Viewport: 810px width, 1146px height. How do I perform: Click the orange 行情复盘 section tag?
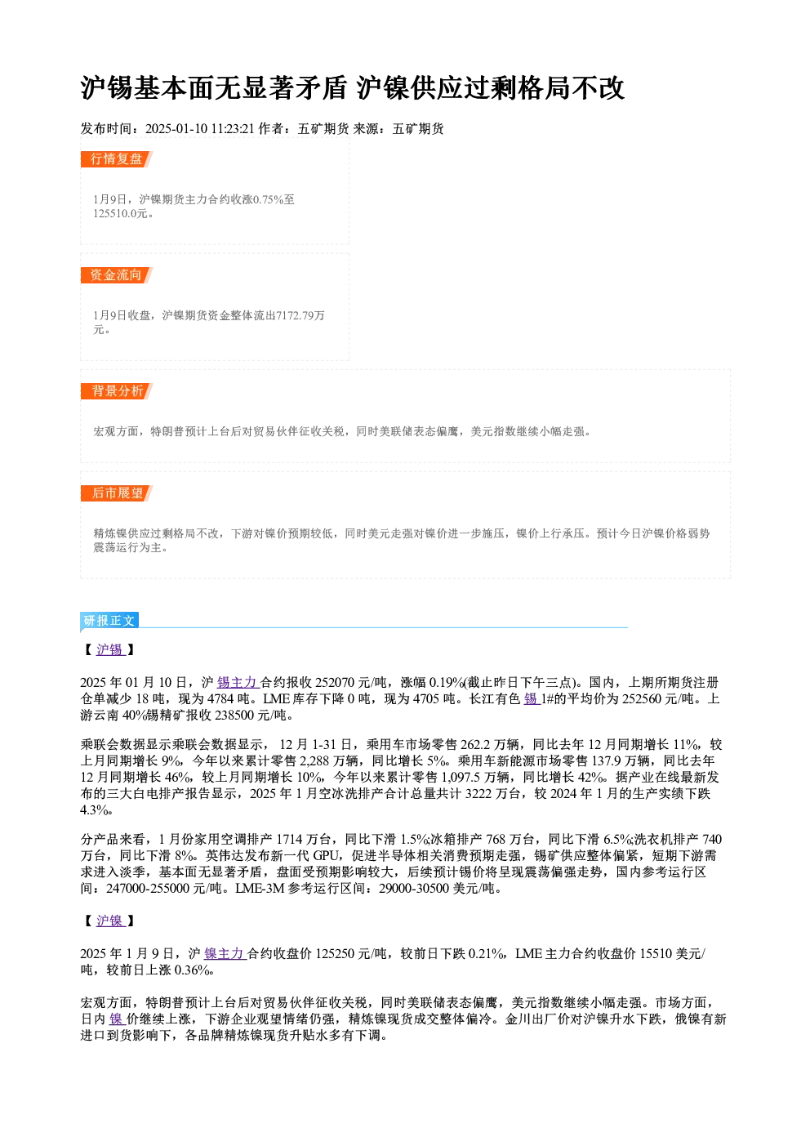[116, 159]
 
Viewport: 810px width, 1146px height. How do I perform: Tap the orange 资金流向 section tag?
[116, 275]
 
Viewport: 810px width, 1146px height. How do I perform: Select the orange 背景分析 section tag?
[116, 391]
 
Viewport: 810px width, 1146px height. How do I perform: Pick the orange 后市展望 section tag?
[116, 493]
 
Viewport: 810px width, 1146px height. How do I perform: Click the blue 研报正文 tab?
[109, 621]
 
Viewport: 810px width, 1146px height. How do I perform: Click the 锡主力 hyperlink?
[238, 683]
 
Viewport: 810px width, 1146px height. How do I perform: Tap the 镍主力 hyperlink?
[225, 953]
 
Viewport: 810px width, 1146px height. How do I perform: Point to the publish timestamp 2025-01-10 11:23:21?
[200, 129]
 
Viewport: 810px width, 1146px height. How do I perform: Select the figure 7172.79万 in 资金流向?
[300, 315]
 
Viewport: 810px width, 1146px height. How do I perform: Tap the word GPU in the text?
[326, 856]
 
